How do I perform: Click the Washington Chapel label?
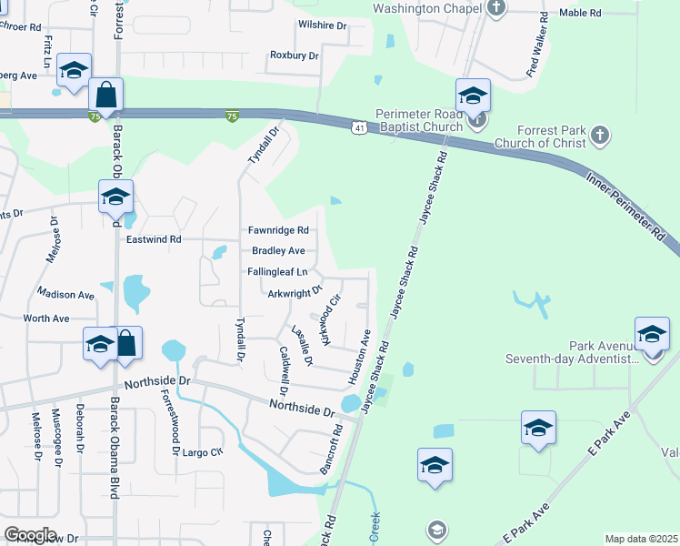pyautogui.click(x=427, y=9)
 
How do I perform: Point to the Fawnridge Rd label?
pyautogui.click(x=278, y=230)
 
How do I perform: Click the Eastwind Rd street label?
pyautogui.click(x=155, y=239)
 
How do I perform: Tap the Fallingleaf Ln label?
pyautogui.click(x=277, y=272)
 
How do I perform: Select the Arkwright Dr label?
pyautogui.click(x=295, y=292)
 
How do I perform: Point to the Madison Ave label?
pyautogui.click(x=65, y=295)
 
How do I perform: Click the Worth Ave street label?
pyautogui.click(x=46, y=318)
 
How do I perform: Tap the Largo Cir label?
pyautogui.click(x=202, y=452)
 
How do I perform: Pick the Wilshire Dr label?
pyautogui.click(x=322, y=26)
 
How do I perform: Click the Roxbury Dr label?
pyautogui.click(x=294, y=56)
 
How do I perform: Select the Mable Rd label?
pyautogui.click(x=580, y=13)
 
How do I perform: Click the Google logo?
pyautogui.click(x=30, y=535)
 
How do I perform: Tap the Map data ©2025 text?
pyautogui.click(x=641, y=539)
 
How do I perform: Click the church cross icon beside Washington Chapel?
pyautogui.click(x=495, y=9)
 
